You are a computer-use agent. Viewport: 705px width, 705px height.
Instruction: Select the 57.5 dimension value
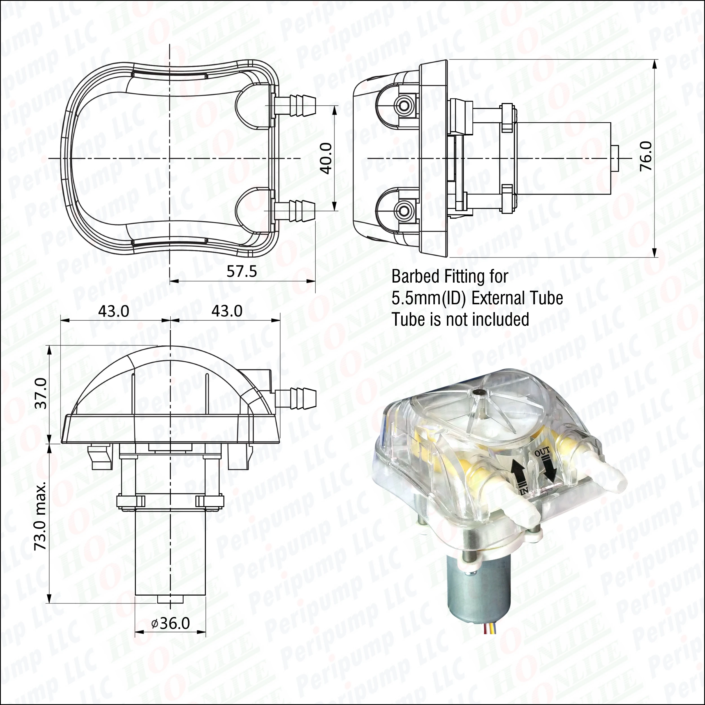pos(242,271)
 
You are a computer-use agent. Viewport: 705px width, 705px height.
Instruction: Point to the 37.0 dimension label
pos(42,393)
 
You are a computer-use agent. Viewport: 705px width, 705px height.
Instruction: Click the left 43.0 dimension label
pos(113,311)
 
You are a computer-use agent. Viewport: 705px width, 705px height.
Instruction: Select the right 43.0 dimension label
pos(227,311)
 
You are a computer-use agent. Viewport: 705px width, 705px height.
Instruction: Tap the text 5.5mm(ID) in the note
pos(429,298)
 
